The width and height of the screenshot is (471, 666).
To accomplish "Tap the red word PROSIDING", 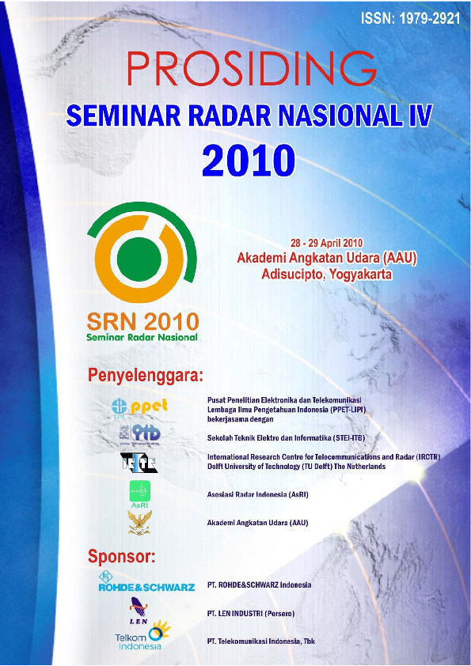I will [251, 70].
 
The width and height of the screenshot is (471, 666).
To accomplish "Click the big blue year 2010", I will [247, 161].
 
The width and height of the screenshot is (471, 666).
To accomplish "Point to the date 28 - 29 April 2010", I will [328, 242].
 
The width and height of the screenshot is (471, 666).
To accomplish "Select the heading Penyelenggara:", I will [146, 374].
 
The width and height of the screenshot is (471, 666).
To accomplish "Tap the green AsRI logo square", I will [139, 493].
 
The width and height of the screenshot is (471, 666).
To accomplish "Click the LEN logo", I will [139, 610].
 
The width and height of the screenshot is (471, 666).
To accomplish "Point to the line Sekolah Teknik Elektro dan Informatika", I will [286, 437].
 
